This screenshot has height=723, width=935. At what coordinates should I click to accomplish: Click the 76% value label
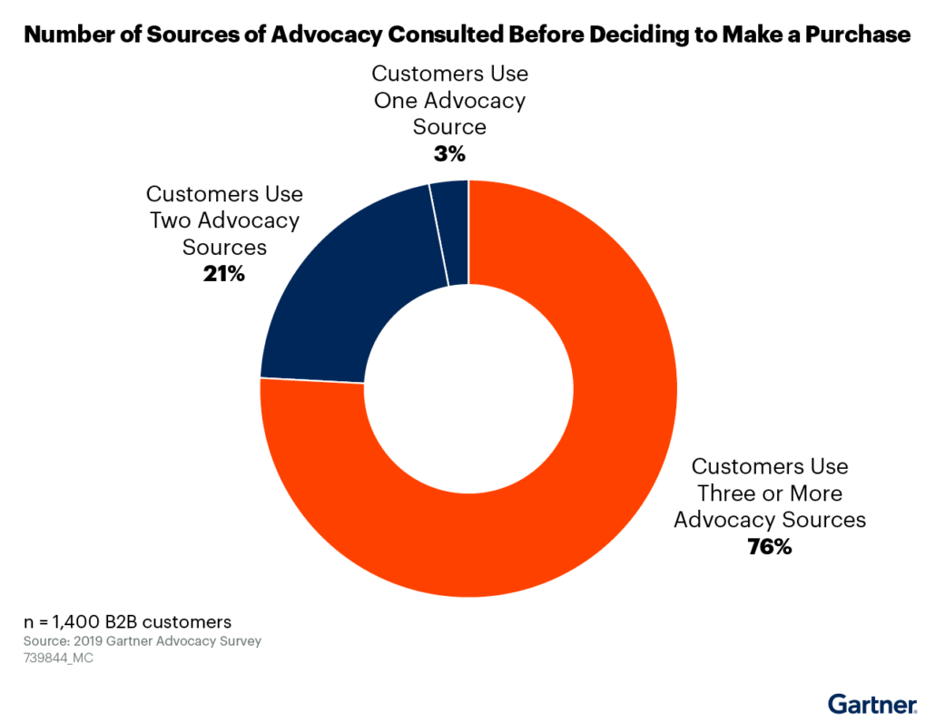(x=770, y=547)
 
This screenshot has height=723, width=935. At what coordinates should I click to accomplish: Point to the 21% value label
(x=224, y=273)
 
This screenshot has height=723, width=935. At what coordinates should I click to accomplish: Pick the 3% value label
(x=449, y=154)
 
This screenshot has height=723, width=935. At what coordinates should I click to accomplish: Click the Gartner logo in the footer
(x=871, y=704)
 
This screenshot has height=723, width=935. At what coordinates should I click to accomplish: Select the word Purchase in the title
(x=856, y=35)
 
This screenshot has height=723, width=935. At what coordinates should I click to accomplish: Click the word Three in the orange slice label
(x=723, y=493)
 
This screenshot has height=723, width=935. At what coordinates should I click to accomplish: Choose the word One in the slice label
(x=396, y=100)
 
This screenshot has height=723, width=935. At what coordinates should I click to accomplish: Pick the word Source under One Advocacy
(x=449, y=127)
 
